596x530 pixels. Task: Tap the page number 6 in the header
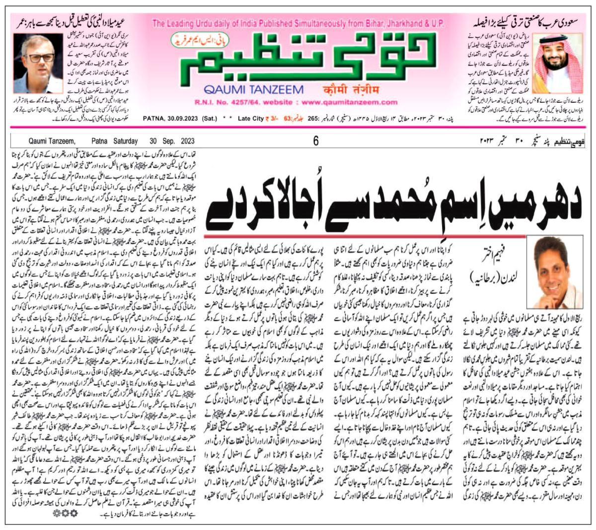coord(315,141)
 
